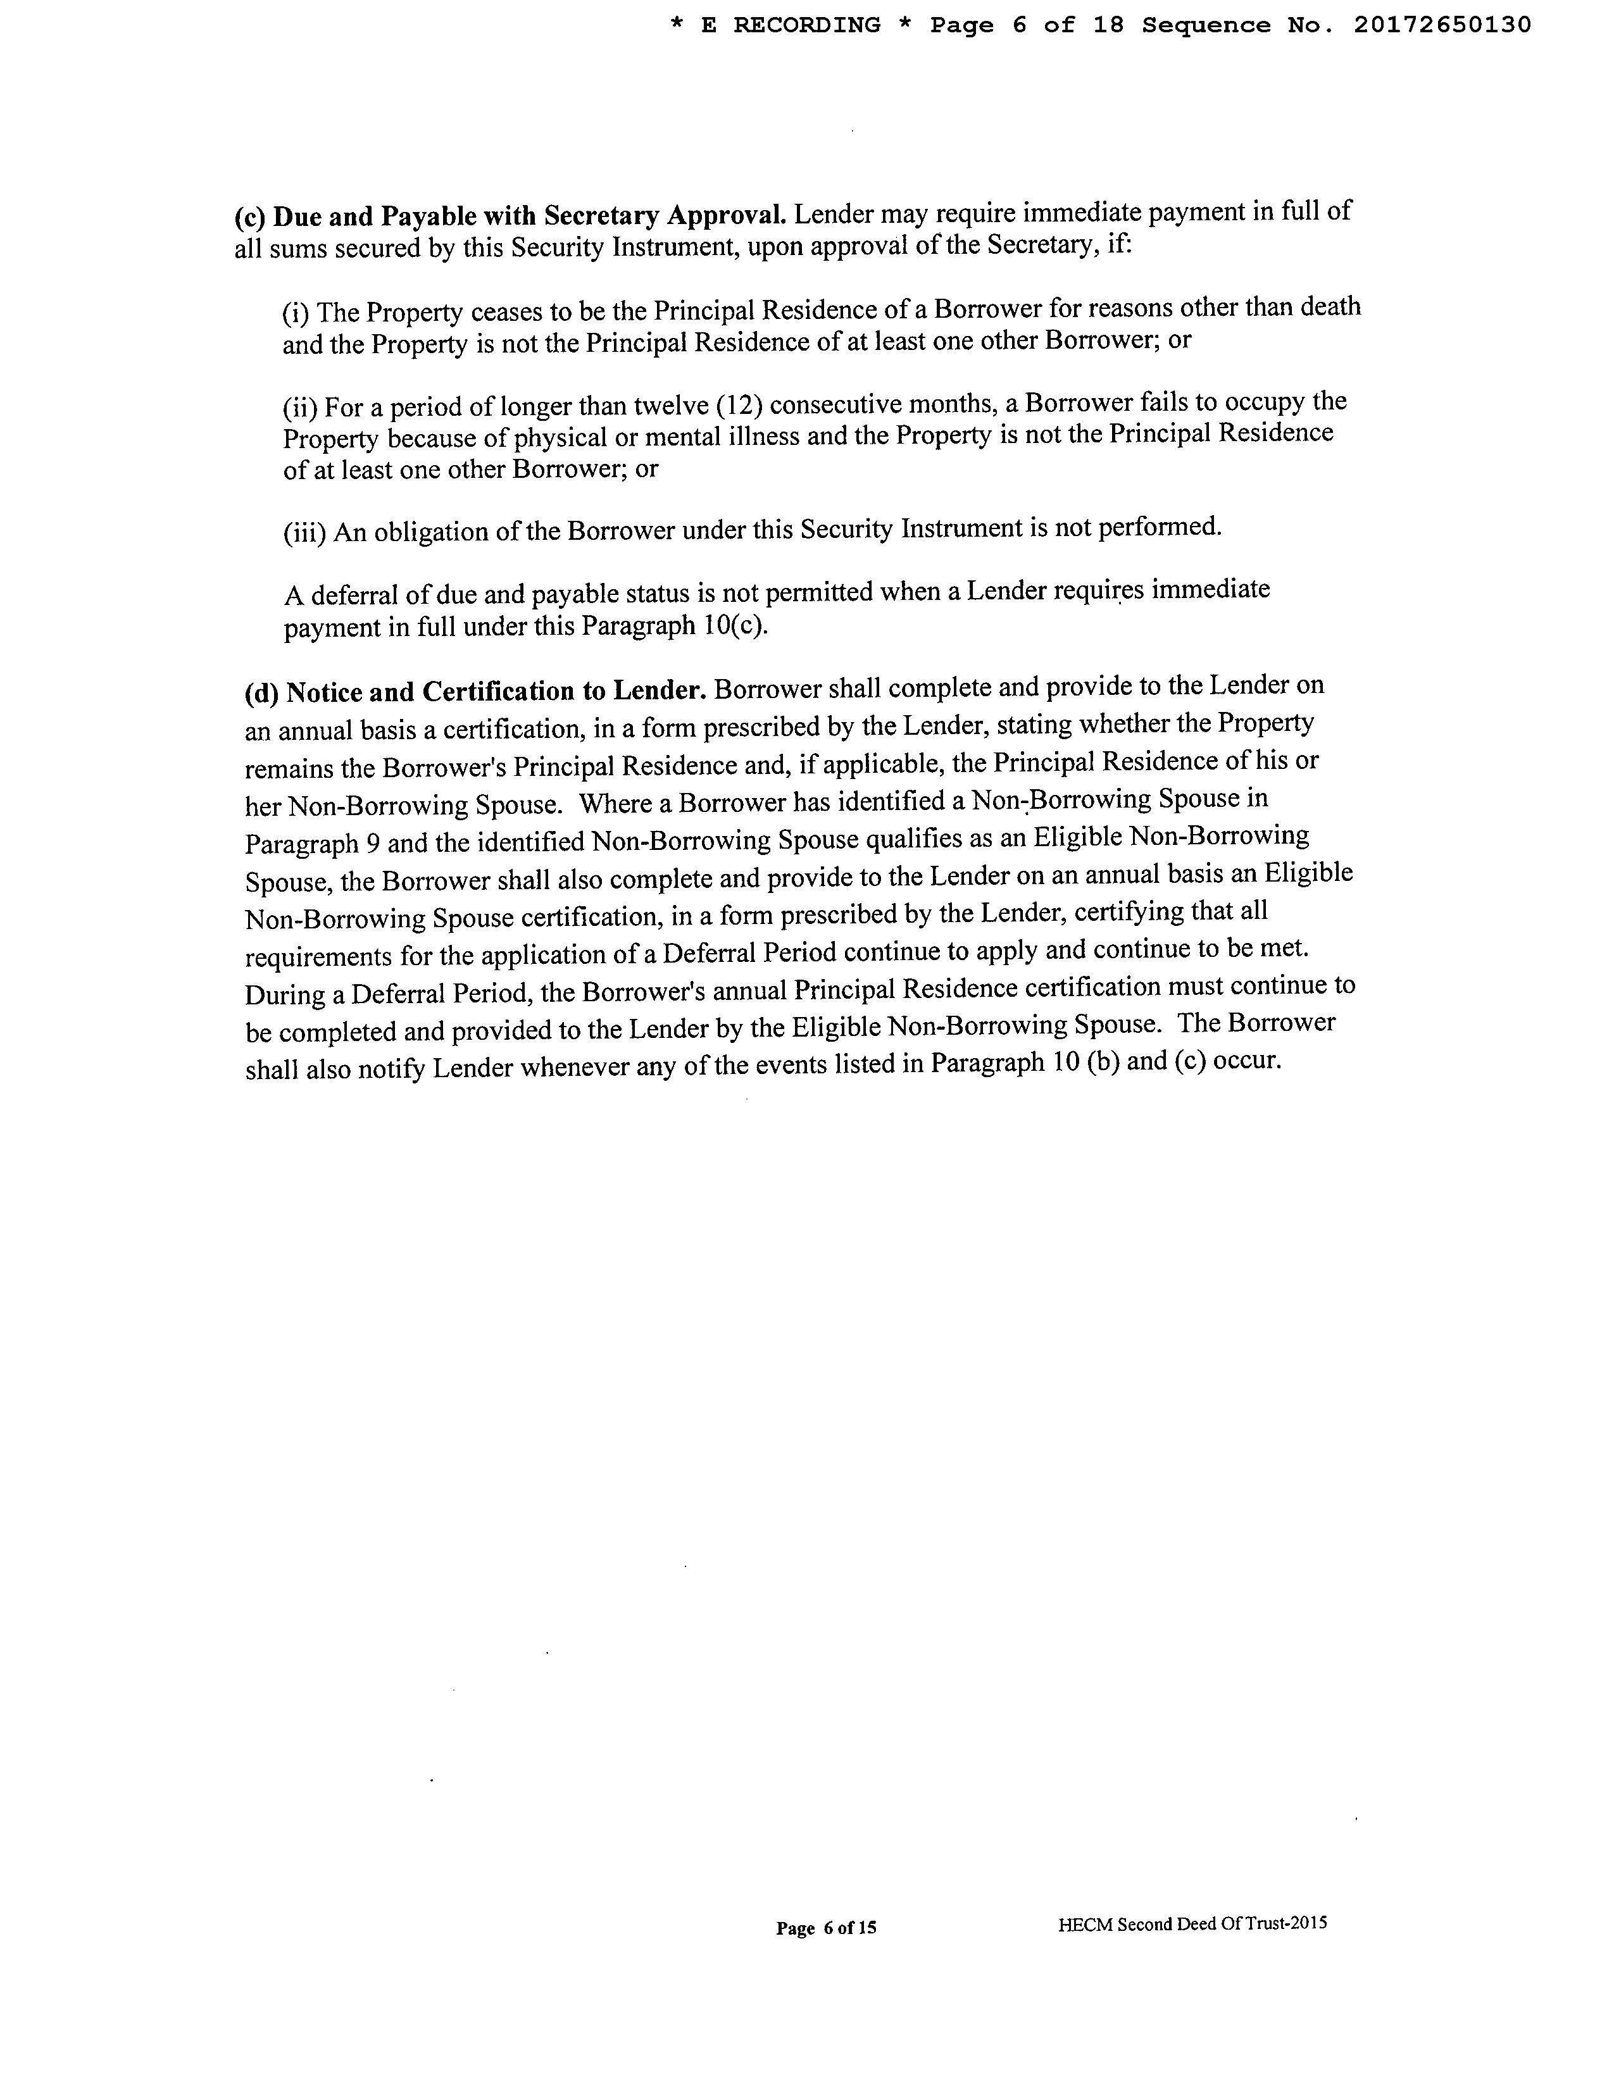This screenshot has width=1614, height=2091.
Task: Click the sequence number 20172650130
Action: coord(1442,26)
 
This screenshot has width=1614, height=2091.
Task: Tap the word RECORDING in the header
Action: coord(807,26)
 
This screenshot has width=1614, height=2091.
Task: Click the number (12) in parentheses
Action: coord(739,405)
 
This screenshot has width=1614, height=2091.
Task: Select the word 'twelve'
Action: coord(670,406)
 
